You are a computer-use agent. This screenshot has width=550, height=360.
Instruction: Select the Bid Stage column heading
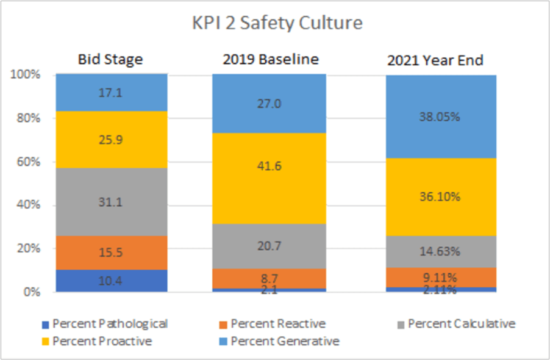tap(110, 60)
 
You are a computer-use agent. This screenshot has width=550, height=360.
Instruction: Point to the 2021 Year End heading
tap(441, 60)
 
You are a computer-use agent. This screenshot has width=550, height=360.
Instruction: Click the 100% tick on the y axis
tap(26, 74)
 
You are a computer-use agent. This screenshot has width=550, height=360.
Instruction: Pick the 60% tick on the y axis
tap(28, 162)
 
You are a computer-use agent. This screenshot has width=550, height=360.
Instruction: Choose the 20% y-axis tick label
tap(28, 248)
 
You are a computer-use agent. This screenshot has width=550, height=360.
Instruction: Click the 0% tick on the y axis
tap(30, 292)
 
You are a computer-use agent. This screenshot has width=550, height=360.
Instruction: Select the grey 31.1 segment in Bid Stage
tap(110, 202)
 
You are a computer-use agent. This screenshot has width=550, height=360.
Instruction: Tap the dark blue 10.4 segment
tap(110, 281)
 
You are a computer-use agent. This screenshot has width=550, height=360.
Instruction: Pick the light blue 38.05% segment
tap(441, 117)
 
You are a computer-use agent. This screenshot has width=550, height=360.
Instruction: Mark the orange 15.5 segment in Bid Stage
tap(110, 253)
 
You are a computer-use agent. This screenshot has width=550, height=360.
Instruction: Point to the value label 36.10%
tap(441, 197)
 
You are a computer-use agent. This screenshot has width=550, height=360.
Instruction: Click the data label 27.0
tap(268, 104)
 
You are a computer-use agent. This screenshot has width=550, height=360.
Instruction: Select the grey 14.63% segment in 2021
tap(441, 251)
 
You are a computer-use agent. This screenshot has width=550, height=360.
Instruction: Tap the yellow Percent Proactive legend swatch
tap(46, 341)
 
